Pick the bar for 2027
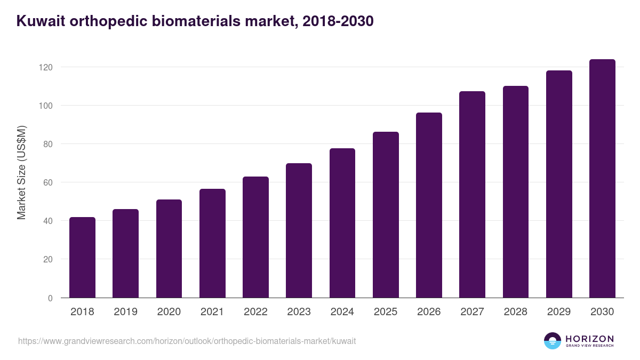(472, 195)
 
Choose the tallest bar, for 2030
(602, 179)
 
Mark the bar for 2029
(559, 184)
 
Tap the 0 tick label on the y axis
(50, 298)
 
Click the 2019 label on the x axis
(125, 312)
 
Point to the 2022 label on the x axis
(255, 312)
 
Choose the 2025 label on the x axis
(386, 312)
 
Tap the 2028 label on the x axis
(515, 312)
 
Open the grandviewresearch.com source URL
(187, 341)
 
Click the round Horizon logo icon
(553, 341)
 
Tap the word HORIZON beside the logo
(589, 338)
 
